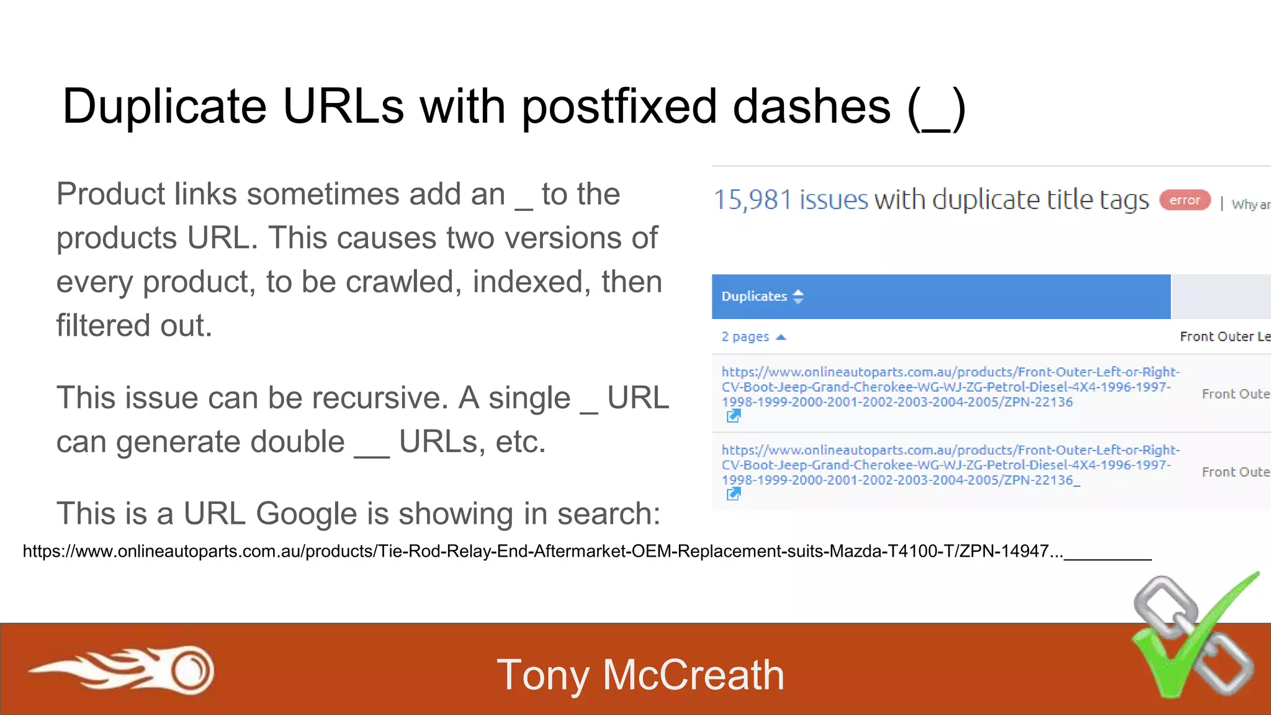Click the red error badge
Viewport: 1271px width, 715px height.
[x=1185, y=200]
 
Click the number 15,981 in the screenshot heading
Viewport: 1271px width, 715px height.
[x=752, y=200]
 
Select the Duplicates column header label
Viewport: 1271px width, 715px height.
[x=753, y=296]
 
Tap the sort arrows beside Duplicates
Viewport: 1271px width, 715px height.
[x=799, y=296]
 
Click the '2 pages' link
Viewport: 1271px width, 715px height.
[x=745, y=336]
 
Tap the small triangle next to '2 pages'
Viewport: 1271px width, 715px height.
[x=781, y=337]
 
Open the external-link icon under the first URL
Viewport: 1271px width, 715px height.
[x=733, y=416]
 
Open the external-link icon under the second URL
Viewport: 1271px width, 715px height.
[x=733, y=494]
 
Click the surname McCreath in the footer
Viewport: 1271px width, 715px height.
[x=693, y=675]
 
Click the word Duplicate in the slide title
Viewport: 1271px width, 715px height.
[x=164, y=106]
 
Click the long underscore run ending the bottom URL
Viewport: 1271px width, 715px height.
[x=1108, y=556]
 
